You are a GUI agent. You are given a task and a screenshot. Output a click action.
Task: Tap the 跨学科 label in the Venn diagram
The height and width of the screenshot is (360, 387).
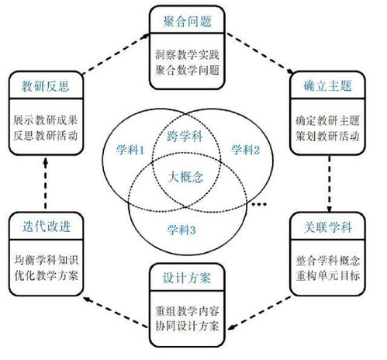(187, 137)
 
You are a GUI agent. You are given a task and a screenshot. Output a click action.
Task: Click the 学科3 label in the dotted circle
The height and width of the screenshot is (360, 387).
(186, 229)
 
